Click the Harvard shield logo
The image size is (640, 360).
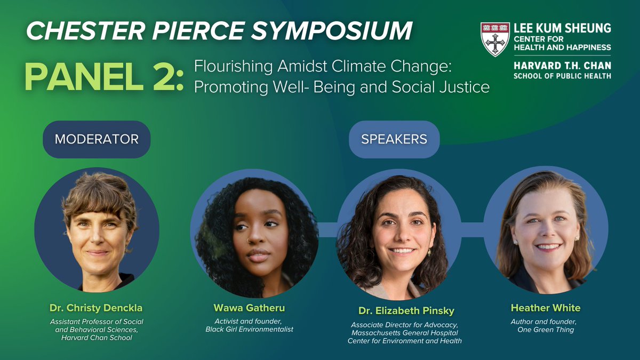[495, 39]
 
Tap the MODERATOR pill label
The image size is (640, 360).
[97, 139]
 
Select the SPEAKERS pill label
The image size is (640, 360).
[394, 139]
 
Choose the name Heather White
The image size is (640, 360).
[546, 308]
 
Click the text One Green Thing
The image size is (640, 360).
[546, 329]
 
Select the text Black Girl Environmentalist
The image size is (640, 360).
[250, 329]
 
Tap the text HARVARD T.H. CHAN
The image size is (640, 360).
[562, 66]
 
